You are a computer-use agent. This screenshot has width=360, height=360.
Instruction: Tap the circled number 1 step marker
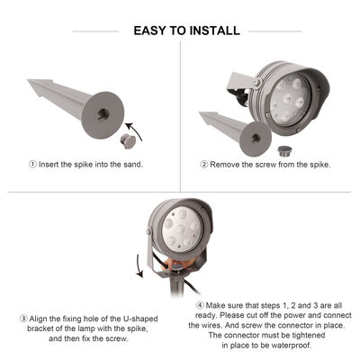point(33,164)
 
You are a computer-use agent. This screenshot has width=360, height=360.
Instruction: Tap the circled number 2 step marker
point(204,164)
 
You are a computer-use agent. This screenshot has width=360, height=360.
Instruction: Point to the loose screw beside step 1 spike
point(127,140)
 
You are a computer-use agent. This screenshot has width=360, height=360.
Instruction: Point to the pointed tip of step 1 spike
point(31,83)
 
